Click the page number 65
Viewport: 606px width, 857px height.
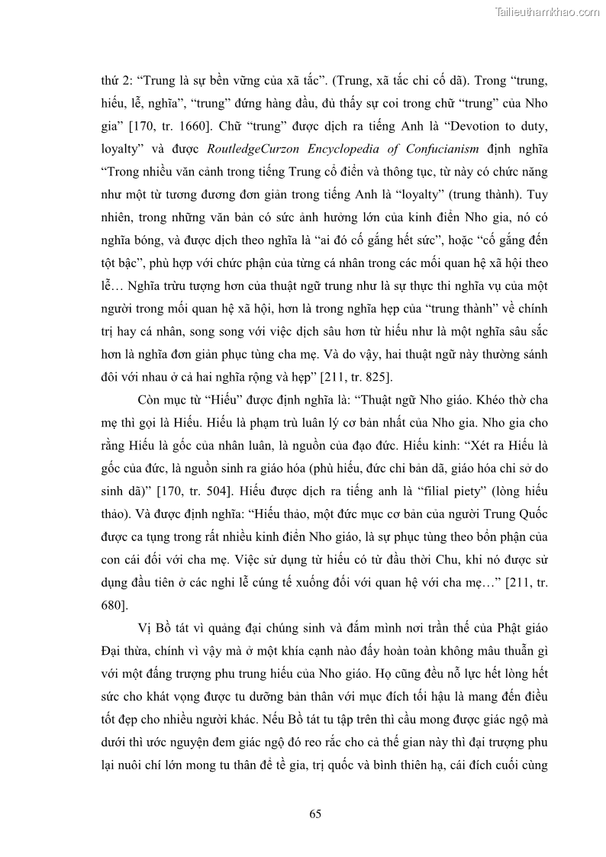tap(315, 814)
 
